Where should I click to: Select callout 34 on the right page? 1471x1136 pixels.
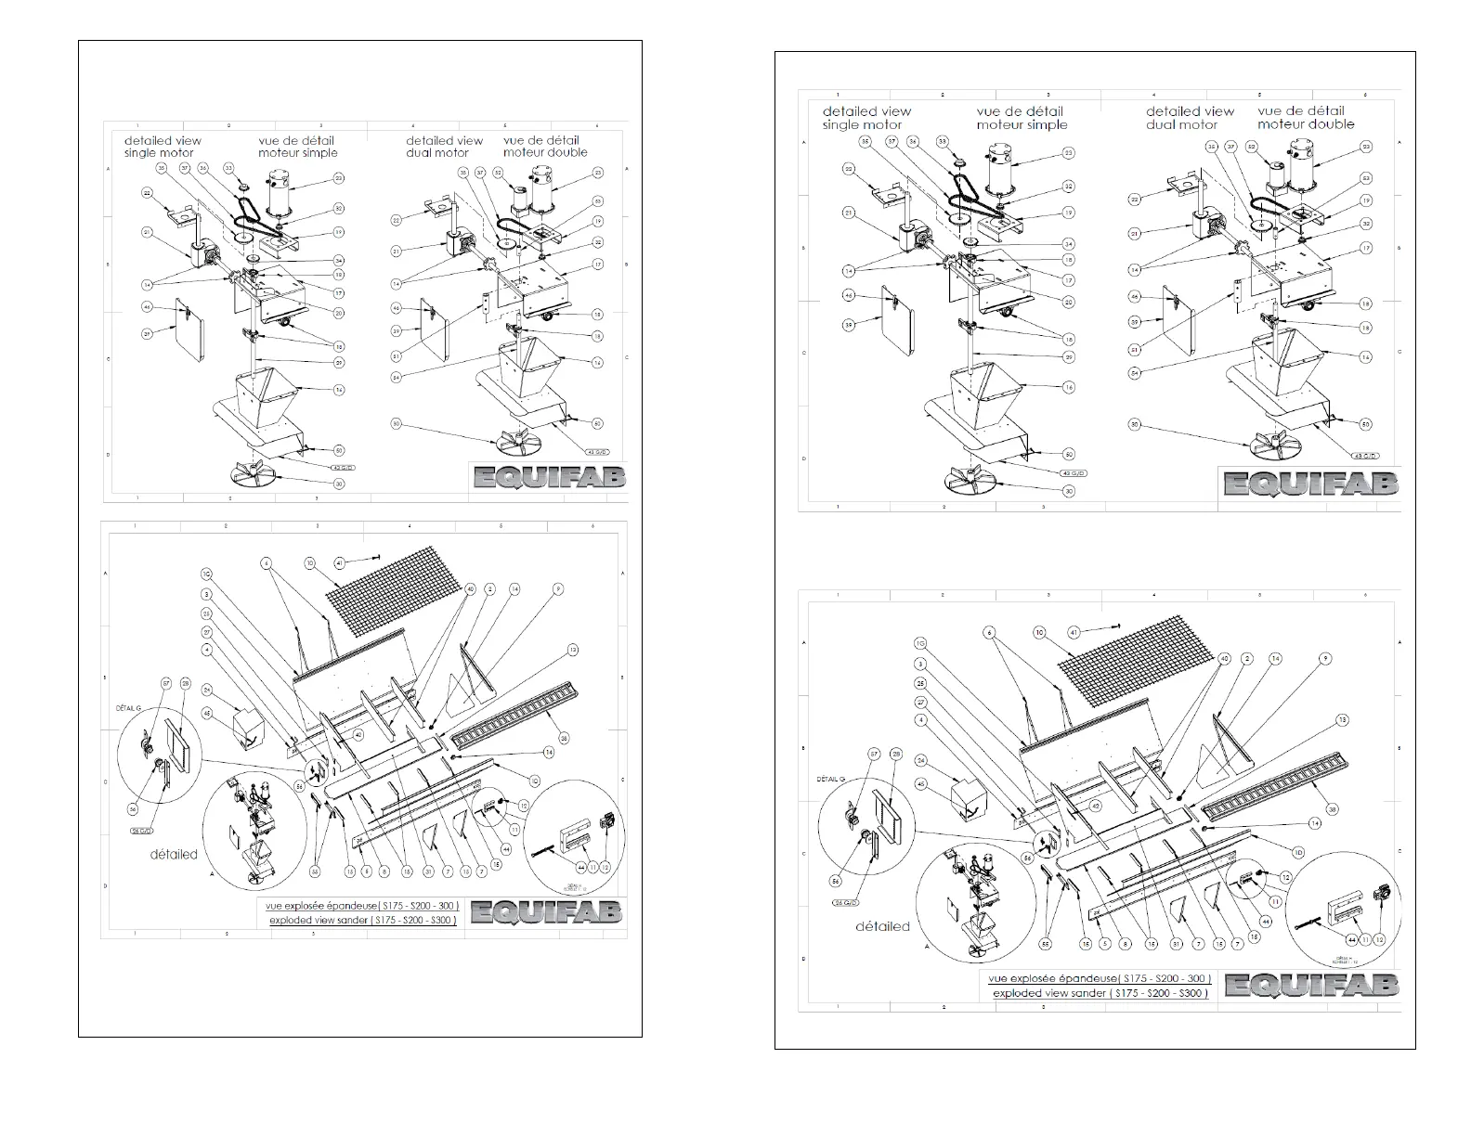pyautogui.click(x=1069, y=244)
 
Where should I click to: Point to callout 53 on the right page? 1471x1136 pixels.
pyautogui.click(x=1366, y=178)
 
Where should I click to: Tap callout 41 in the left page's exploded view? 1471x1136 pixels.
pyautogui.click(x=340, y=562)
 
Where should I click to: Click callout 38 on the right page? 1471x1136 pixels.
pyautogui.click(x=1333, y=809)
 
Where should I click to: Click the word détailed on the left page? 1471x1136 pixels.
pyautogui.click(x=174, y=854)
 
